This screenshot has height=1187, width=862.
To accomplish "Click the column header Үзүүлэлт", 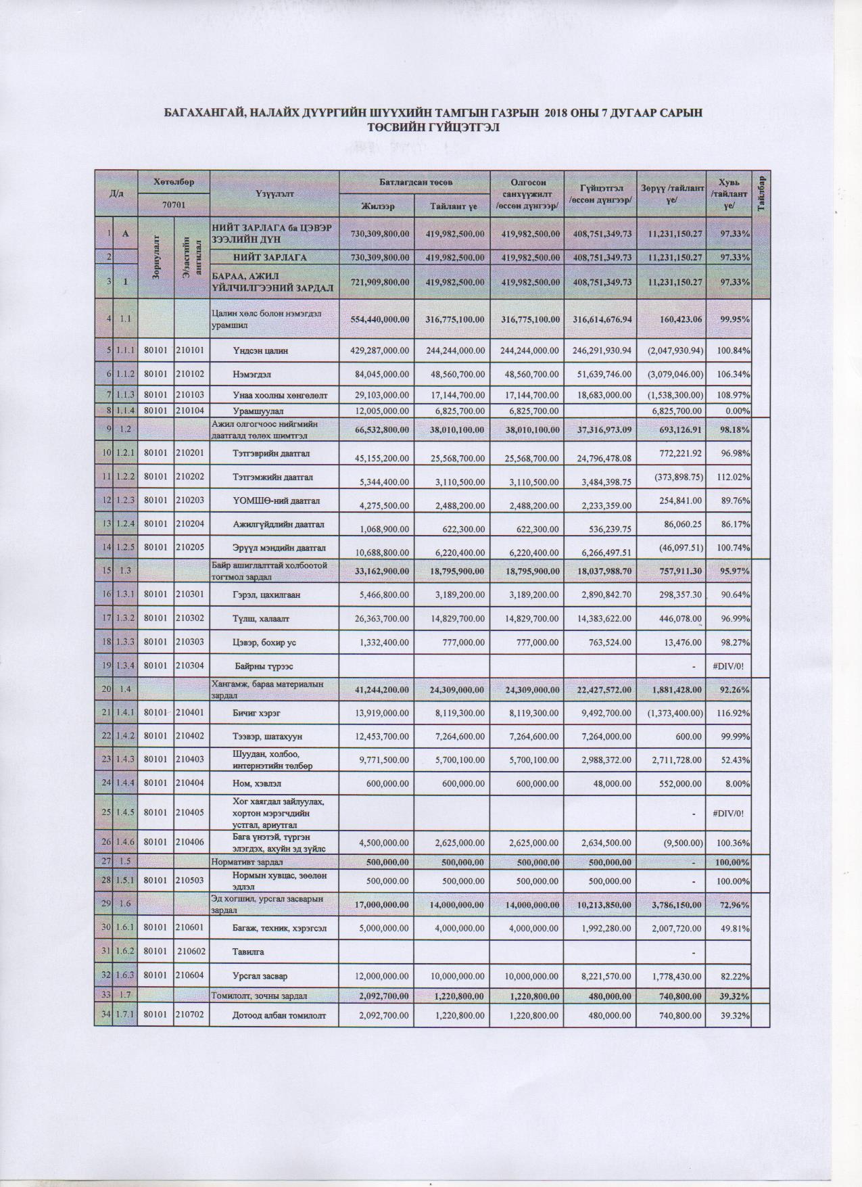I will click(274, 193).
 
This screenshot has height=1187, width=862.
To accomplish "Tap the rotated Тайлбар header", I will click(761, 193).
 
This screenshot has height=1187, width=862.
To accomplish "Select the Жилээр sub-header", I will click(377, 206).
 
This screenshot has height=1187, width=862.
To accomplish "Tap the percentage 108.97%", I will click(732, 395).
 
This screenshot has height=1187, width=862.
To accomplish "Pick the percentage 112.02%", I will click(732, 477).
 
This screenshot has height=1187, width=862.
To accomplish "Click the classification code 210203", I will click(191, 501).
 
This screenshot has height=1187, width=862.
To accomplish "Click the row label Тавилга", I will click(248, 952).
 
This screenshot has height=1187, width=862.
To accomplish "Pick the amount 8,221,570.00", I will click(599, 976).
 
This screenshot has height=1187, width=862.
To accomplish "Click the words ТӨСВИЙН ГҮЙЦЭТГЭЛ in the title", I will click(433, 127).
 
